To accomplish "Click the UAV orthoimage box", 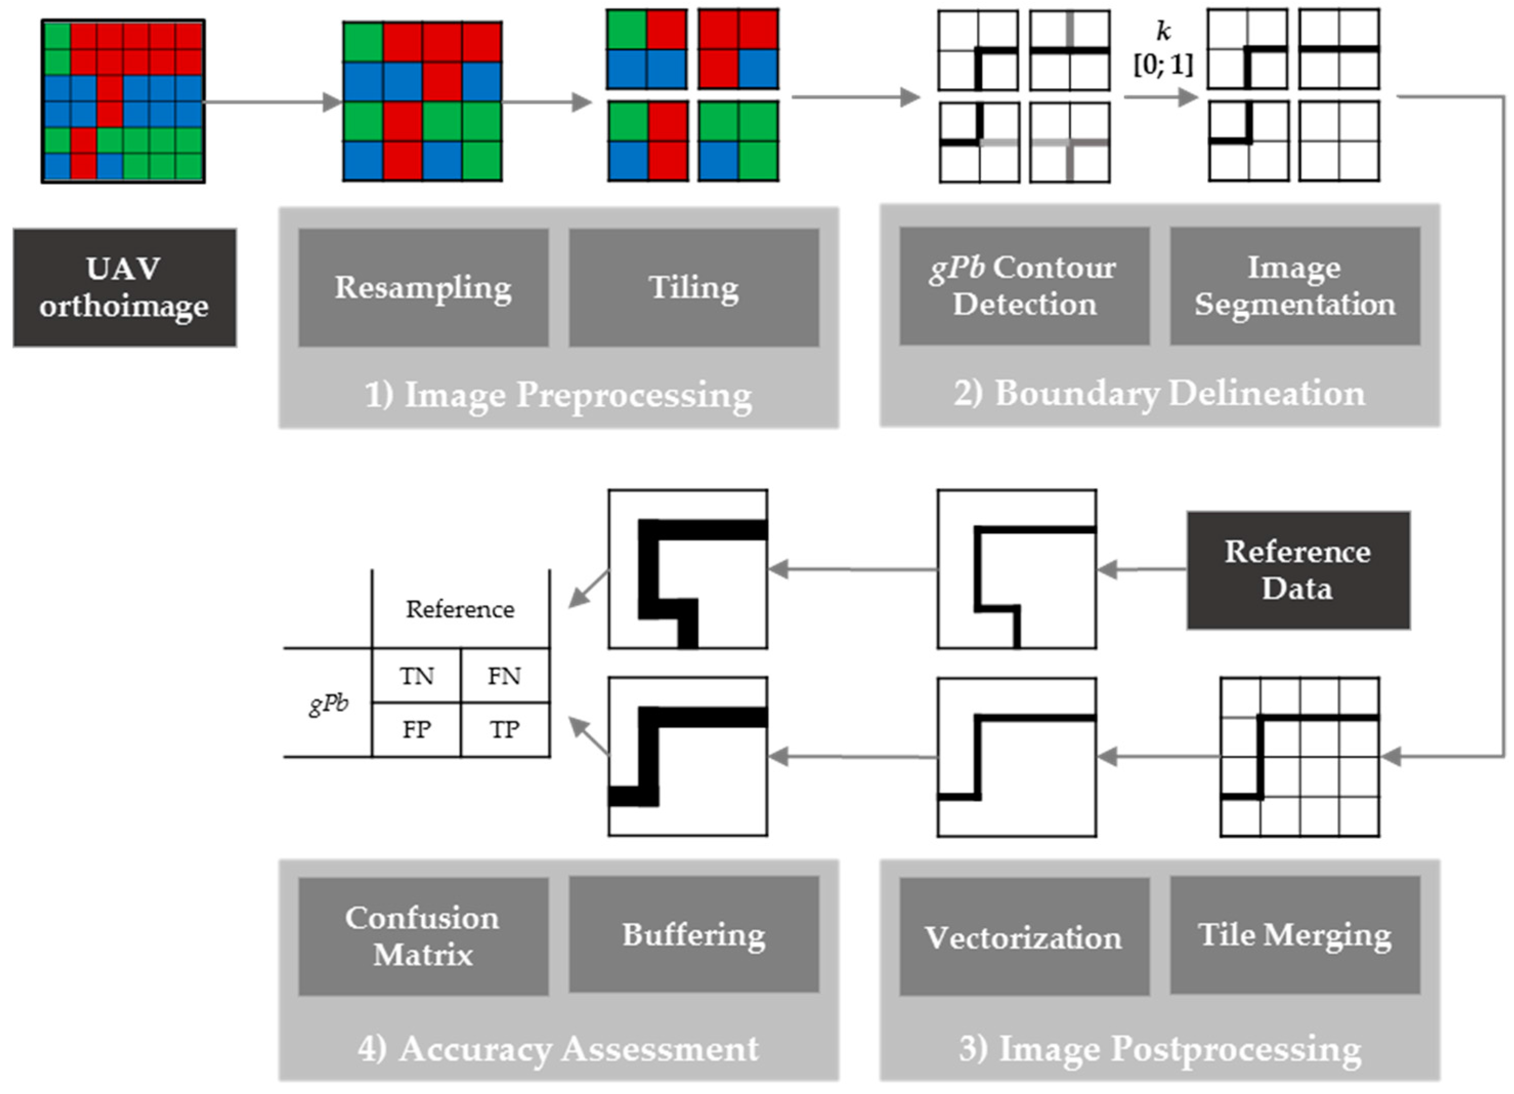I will pos(124,288).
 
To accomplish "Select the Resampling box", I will pos(423,288).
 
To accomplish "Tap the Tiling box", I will pos(694,288).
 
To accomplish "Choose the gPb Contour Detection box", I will pos(1024,286).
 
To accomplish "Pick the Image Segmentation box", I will pos(1294,286).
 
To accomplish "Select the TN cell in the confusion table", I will pos(417,676).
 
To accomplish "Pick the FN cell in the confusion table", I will pos(504,676).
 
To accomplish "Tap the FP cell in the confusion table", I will pos(417,729).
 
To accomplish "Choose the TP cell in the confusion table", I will pos(504,729).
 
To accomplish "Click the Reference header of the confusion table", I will pos(460,609).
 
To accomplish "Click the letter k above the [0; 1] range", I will pos(1163,31).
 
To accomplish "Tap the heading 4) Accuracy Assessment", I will pos(558,1048).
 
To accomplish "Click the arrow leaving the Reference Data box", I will pos(1141,570).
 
